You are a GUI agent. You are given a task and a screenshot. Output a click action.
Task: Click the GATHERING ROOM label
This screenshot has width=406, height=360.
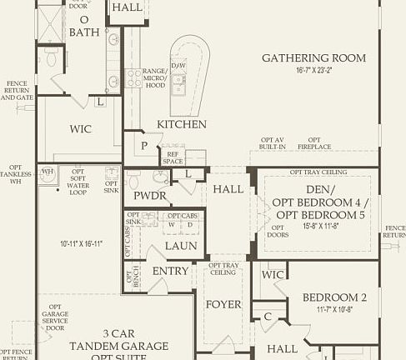(313, 57)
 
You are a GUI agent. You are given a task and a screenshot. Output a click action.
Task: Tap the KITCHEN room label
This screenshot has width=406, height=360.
(181, 124)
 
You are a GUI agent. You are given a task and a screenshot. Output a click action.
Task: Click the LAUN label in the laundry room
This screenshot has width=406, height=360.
(180, 246)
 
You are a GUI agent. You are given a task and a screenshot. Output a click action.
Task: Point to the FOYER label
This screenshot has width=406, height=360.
(223, 304)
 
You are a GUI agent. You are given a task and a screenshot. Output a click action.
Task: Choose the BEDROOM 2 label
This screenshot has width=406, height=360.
(334, 297)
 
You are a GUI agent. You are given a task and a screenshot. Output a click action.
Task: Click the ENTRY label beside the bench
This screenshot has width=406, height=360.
(170, 271)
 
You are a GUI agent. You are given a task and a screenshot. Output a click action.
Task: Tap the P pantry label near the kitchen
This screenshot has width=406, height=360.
(145, 145)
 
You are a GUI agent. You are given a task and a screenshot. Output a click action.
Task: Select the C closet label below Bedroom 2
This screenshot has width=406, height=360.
(268, 316)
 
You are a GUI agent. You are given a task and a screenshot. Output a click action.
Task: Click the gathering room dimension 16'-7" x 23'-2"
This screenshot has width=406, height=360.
(313, 72)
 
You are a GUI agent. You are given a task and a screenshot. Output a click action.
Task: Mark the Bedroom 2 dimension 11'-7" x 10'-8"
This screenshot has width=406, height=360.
(335, 309)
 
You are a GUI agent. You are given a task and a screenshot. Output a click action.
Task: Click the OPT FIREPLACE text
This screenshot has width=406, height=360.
(314, 143)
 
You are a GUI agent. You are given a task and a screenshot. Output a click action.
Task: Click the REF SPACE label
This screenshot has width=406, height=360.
(173, 157)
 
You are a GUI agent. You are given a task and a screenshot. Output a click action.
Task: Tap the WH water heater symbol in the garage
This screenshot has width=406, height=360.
(48, 172)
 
